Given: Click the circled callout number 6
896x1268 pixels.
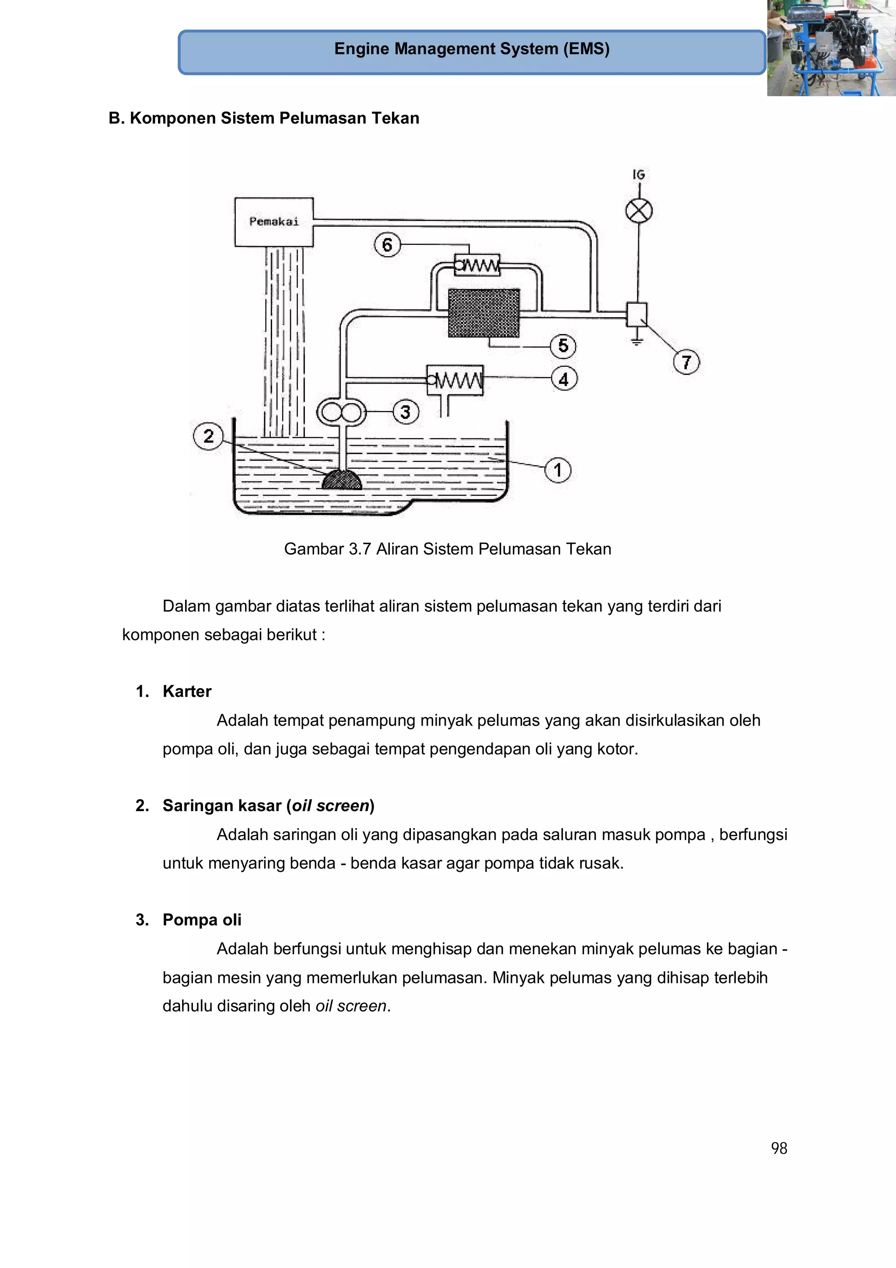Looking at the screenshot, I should pyautogui.click(x=387, y=245).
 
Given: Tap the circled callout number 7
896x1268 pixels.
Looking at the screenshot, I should pyautogui.click(x=686, y=362).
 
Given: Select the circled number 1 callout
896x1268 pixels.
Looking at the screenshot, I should pyautogui.click(x=557, y=470).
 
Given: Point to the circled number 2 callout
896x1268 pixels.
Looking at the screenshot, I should pyautogui.click(x=208, y=436).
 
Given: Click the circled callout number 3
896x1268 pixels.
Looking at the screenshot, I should pyautogui.click(x=405, y=412).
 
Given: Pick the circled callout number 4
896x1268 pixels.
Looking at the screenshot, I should pyautogui.click(x=563, y=379).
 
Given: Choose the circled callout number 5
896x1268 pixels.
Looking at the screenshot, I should pyautogui.click(x=563, y=346).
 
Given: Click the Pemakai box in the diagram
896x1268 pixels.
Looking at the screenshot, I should pyautogui.click(x=274, y=222).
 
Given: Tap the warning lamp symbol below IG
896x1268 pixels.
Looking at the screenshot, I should pyautogui.click(x=639, y=211).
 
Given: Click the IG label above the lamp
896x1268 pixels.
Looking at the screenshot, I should pyautogui.click(x=639, y=175).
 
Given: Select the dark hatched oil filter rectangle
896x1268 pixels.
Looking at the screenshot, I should pyautogui.click(x=483, y=313).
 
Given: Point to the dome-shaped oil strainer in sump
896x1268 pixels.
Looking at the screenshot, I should pyautogui.click(x=342, y=480).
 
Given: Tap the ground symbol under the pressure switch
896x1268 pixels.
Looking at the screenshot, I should pyautogui.click(x=637, y=340).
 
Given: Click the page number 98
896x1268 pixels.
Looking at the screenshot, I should pyautogui.click(x=778, y=1148).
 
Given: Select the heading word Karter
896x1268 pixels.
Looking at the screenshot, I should pyautogui.click(x=187, y=692).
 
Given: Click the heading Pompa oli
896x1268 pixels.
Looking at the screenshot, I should pyautogui.click(x=202, y=920).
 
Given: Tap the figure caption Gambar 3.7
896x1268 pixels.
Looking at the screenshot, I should pyautogui.click(x=447, y=549).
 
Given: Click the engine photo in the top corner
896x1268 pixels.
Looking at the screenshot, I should pyautogui.click(x=831, y=48).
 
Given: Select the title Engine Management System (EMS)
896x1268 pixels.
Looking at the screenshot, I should pyautogui.click(x=472, y=49).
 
